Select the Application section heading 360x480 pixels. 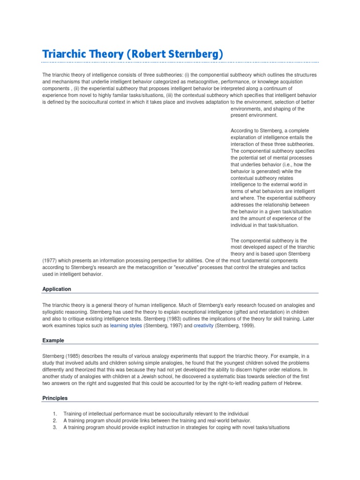pyautogui.click(x=56, y=289)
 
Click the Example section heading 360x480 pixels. pyautogui.click(x=53, y=340)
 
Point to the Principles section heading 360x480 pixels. pyautogui.click(x=55, y=398)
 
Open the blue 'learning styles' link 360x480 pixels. pyautogui.click(x=126, y=325)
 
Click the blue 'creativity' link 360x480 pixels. pyautogui.click(x=202, y=325)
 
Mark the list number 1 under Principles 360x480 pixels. pyautogui.click(x=54, y=414)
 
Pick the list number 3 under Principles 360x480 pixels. pyautogui.click(x=54, y=427)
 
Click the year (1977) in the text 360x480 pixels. pyautogui.click(x=50, y=260)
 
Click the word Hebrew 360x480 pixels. pyautogui.click(x=292, y=383)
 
